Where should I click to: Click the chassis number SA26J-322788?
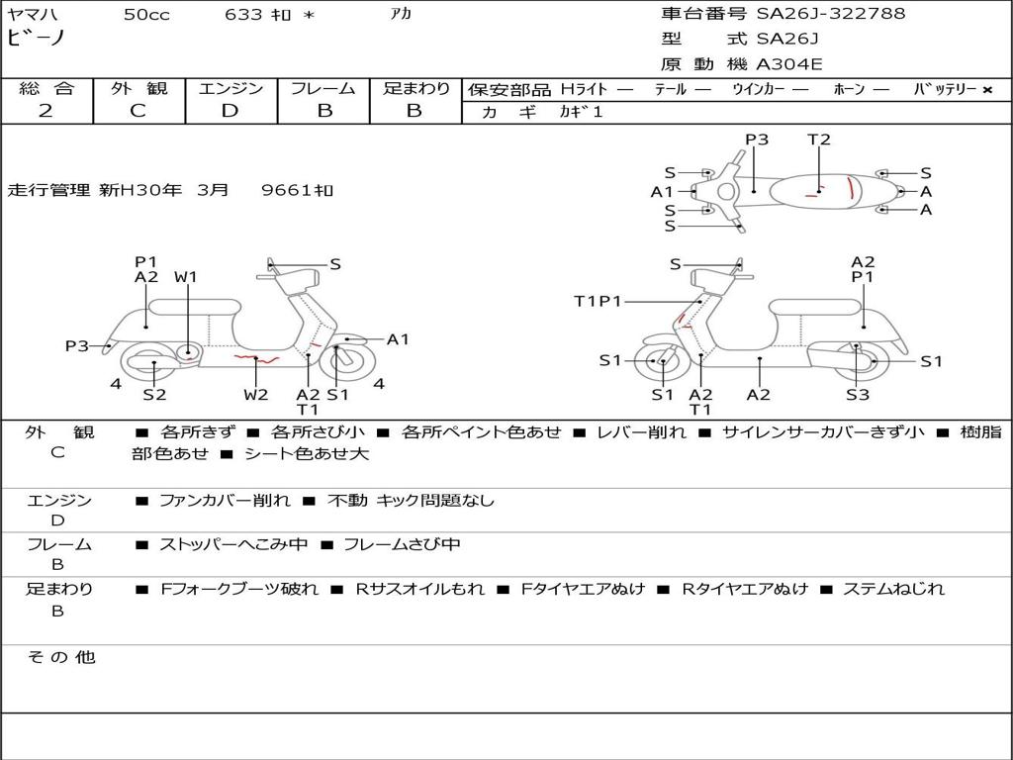pyautogui.click(x=831, y=14)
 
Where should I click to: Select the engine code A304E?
pyautogui.click(x=789, y=64)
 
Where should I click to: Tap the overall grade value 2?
pyautogui.click(x=46, y=111)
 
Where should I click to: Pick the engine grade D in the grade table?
pyautogui.click(x=230, y=111)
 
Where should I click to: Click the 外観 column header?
pyautogui.click(x=138, y=88)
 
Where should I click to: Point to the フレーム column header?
pyautogui.click(x=322, y=88)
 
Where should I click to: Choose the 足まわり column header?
pyautogui.click(x=416, y=88)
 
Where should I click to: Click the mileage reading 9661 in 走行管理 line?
pyautogui.click(x=297, y=190)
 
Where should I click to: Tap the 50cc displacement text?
pyautogui.click(x=146, y=14)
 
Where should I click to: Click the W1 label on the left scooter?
pyautogui.click(x=186, y=277)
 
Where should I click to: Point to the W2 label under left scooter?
pyautogui.click(x=255, y=395)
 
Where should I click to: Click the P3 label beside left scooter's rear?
pyautogui.click(x=77, y=346)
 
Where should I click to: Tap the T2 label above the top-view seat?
pyautogui.click(x=819, y=140)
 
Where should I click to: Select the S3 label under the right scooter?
pyautogui.click(x=857, y=395)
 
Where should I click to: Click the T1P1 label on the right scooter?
pyautogui.click(x=598, y=301)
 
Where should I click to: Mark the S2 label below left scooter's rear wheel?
pyautogui.click(x=154, y=395)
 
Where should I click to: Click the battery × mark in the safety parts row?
pyautogui.click(x=986, y=89)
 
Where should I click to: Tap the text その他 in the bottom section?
pyautogui.click(x=61, y=657)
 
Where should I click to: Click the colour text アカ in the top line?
pyautogui.click(x=401, y=14)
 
